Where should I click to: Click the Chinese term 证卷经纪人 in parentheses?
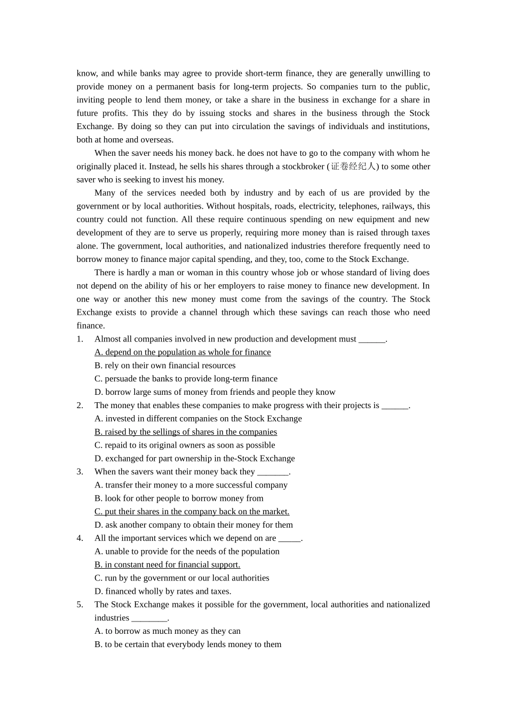click(354, 166)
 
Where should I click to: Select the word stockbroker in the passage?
click(303, 166)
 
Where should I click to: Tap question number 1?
click(80, 339)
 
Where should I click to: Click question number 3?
click(80, 472)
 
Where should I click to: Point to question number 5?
click(80, 604)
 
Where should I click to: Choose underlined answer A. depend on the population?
click(183, 352)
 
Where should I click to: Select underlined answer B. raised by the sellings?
click(186, 432)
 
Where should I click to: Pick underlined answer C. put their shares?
click(192, 512)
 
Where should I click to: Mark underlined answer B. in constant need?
click(167, 564)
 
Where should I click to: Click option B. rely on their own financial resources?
click(165, 365)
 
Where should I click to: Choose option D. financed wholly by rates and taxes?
click(163, 591)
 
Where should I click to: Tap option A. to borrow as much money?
click(168, 631)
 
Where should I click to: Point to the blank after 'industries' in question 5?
click(149, 618)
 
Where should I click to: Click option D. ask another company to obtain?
click(194, 525)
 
